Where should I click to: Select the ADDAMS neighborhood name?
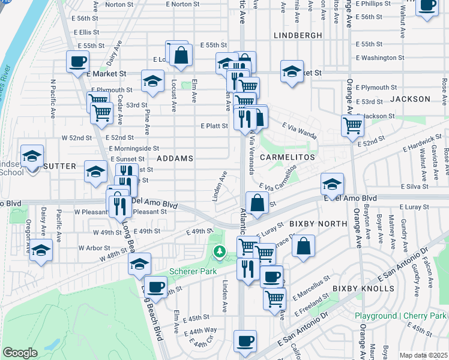point(175,158)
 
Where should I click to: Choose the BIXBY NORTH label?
point(318,224)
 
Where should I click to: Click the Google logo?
point(20,353)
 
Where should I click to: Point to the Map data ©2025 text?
point(423,355)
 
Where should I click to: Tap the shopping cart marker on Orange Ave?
point(352,126)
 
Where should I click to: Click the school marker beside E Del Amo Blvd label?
point(332,183)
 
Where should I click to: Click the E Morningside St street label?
point(134,148)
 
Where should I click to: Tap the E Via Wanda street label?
point(299,127)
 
